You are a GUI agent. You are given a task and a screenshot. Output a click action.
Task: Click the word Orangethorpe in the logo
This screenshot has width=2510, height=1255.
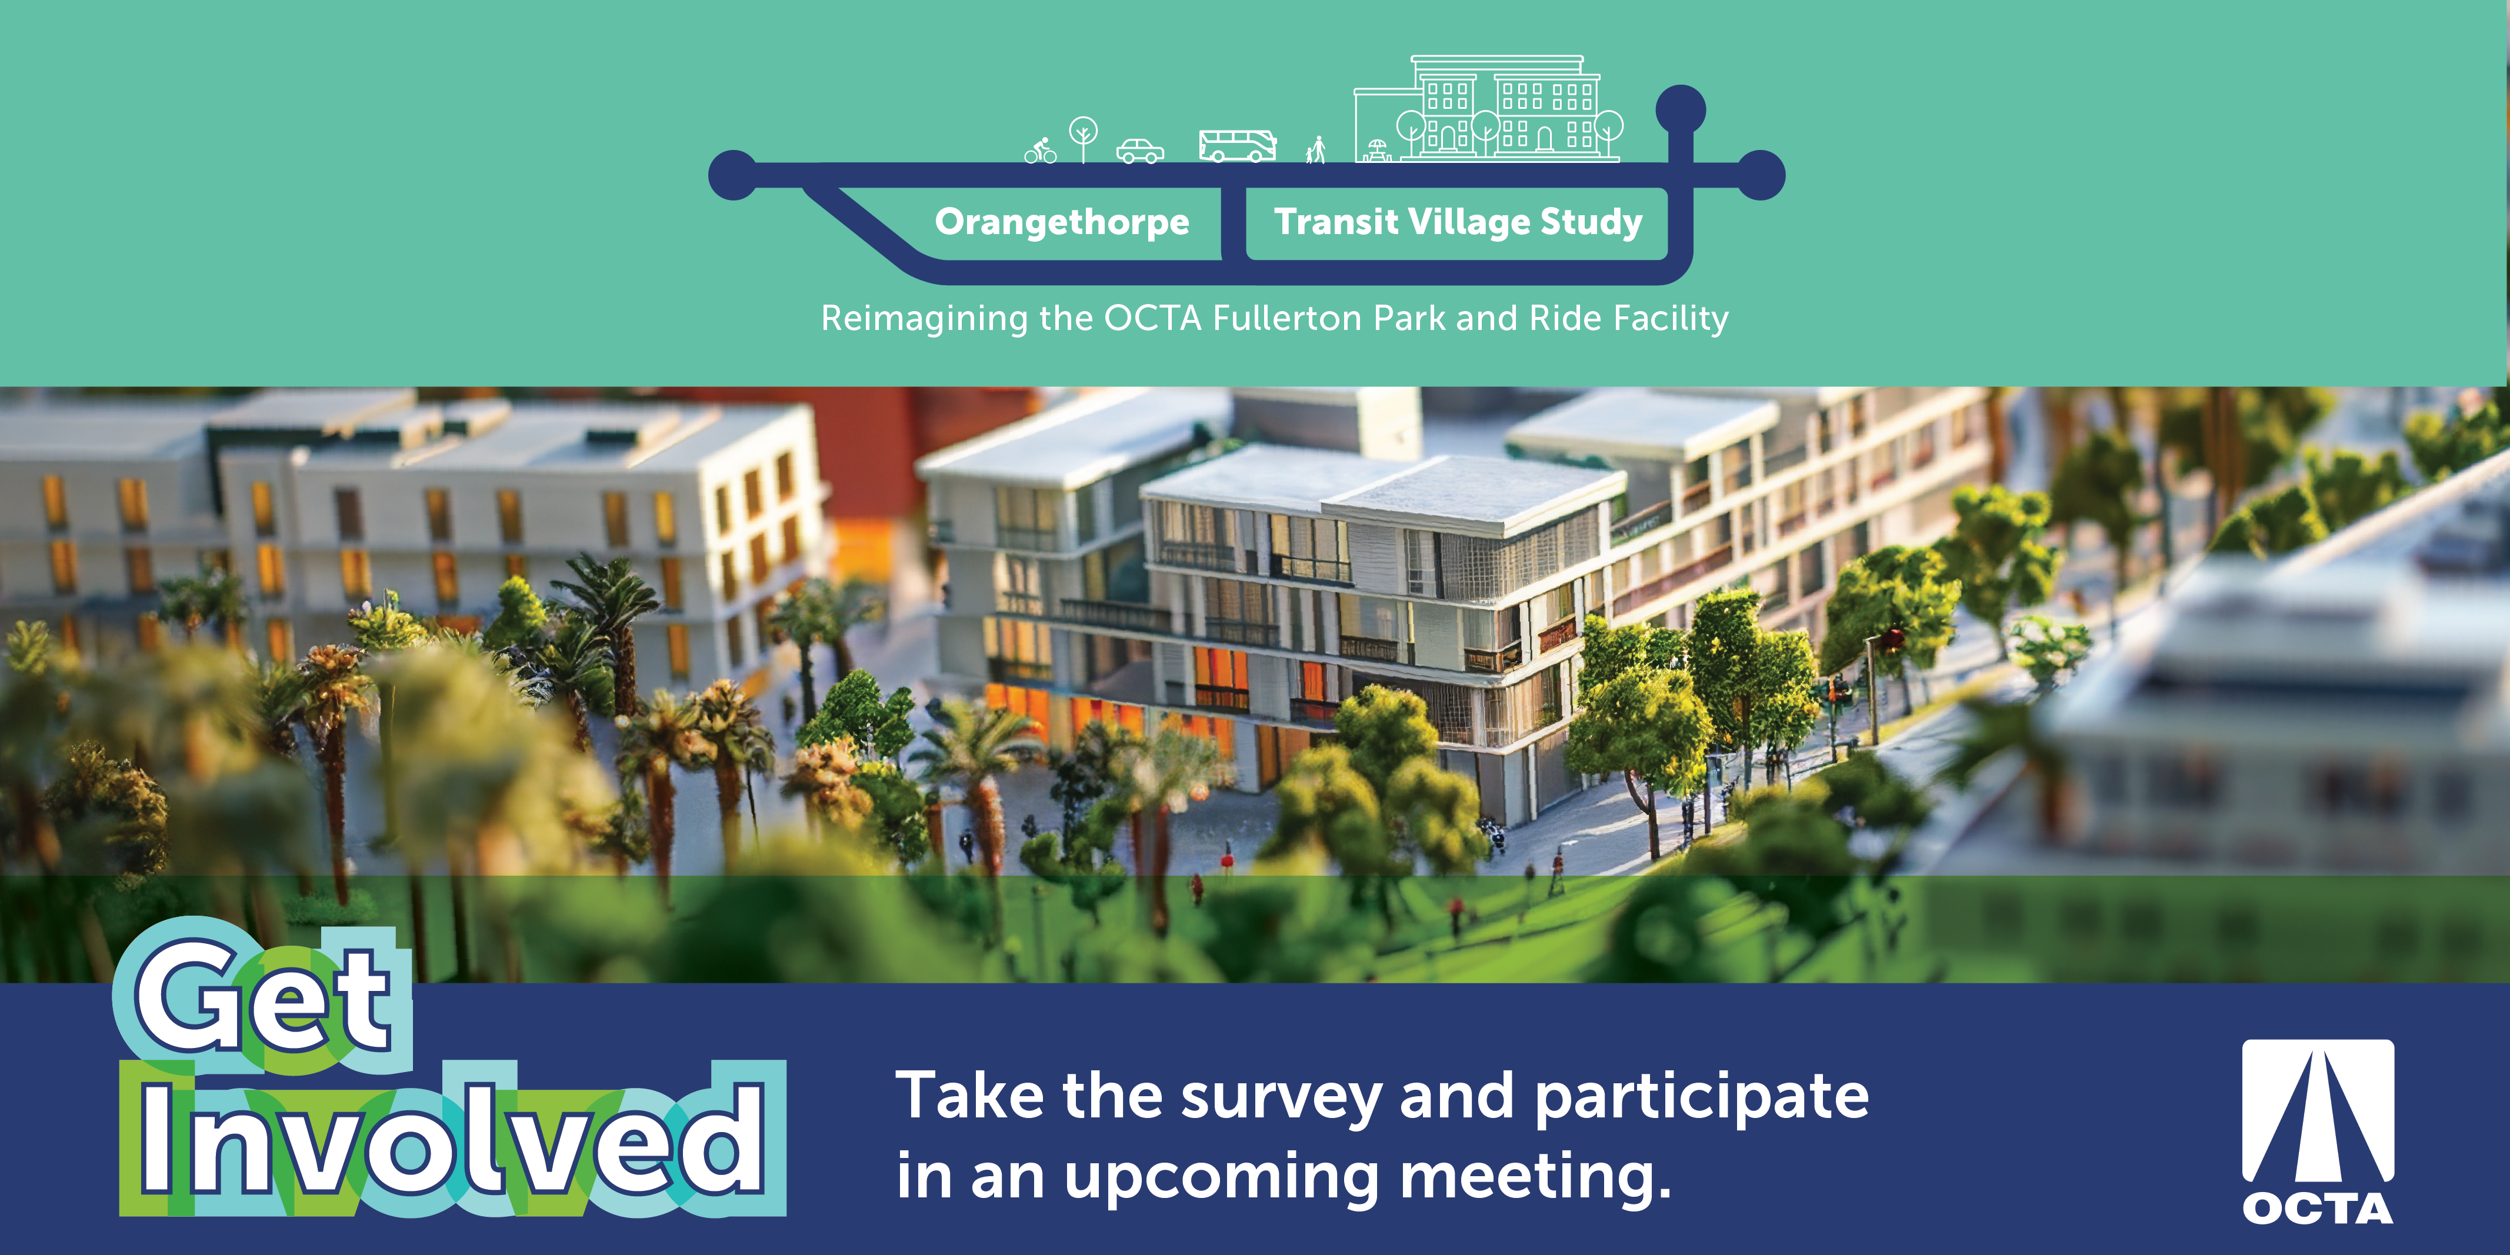pos(1062,222)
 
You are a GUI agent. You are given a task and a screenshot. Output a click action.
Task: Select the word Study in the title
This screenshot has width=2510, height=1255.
pos(1591,222)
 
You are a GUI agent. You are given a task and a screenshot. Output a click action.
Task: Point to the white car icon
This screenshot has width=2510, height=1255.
pos(1140,151)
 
